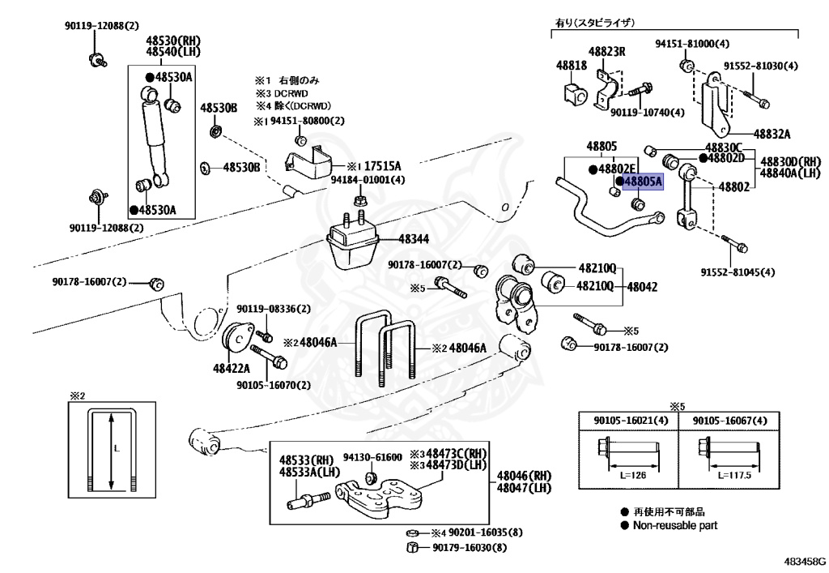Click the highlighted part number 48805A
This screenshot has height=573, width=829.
pyautogui.click(x=643, y=182)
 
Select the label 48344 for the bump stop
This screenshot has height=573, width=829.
pyautogui.click(x=414, y=239)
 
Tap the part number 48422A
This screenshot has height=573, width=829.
pyautogui.click(x=232, y=368)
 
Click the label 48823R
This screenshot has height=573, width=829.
pyautogui.click(x=607, y=51)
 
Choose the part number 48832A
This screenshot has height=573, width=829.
pyautogui.click(x=772, y=134)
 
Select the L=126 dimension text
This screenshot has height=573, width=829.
pyautogui.click(x=633, y=475)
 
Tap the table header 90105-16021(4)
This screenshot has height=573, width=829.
pyautogui.click(x=631, y=421)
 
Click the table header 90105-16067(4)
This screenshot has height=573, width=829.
pyautogui.click(x=729, y=421)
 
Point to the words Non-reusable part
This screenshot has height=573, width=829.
pyautogui.click(x=675, y=525)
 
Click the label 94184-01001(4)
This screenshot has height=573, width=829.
pyautogui.click(x=368, y=180)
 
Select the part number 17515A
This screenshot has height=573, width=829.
pyautogui.click(x=383, y=165)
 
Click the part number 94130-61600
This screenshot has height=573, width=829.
pyautogui.click(x=372, y=457)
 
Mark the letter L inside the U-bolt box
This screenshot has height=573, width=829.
pyautogui.click(x=117, y=449)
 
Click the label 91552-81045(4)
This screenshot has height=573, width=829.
pyautogui.click(x=738, y=272)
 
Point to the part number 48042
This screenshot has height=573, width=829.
pyautogui.click(x=642, y=287)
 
